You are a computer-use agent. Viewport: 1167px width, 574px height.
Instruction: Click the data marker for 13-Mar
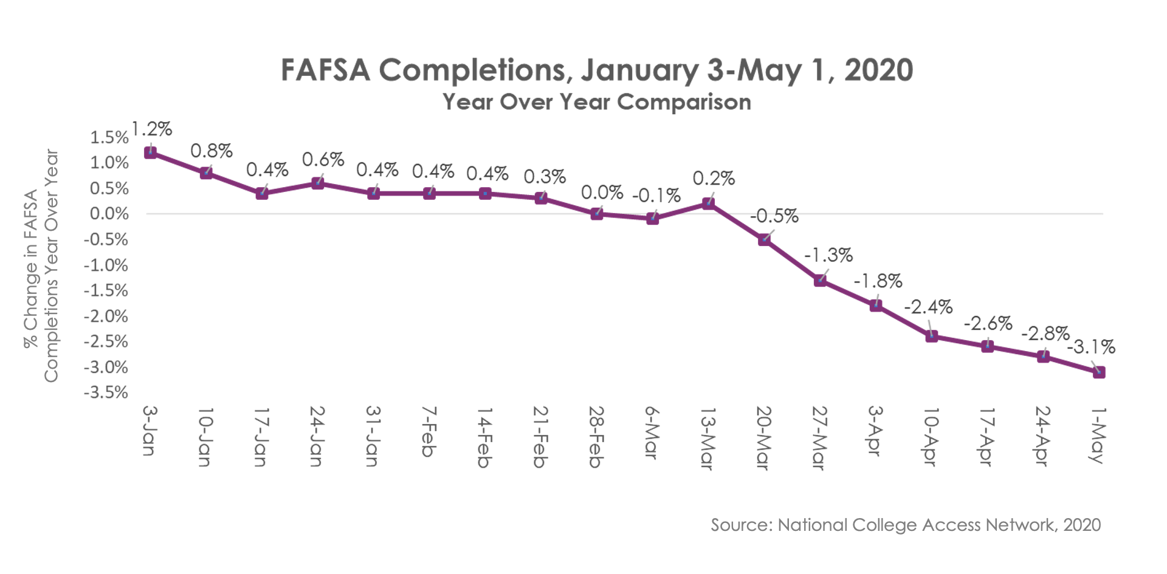click(x=708, y=203)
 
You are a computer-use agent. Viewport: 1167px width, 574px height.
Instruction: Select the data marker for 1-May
click(x=1098, y=372)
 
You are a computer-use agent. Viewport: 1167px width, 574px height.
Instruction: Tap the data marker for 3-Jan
click(x=150, y=152)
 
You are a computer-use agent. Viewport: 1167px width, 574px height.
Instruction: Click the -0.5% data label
click(x=774, y=216)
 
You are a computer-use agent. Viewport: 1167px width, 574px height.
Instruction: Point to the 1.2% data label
click(x=152, y=129)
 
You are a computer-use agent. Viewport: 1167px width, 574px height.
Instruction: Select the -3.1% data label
click(x=1092, y=347)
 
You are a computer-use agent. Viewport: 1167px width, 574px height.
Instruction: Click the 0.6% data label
click(x=323, y=160)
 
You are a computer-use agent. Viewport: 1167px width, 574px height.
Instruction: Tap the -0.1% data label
click(x=656, y=196)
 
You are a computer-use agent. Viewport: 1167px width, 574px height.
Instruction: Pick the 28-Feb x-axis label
click(x=596, y=437)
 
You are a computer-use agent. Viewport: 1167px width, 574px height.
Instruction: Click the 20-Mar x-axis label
click(x=763, y=437)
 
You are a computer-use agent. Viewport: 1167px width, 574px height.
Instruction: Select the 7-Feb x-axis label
click(x=429, y=432)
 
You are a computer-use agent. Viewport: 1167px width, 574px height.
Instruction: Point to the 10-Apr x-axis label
click(x=931, y=437)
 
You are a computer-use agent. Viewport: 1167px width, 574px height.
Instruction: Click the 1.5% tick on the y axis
click(x=109, y=137)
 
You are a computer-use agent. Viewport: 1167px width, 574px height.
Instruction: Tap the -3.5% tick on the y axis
click(x=106, y=392)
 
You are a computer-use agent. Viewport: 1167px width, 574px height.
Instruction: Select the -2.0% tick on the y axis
click(x=106, y=316)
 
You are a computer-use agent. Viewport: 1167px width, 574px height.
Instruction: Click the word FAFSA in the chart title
click(x=325, y=70)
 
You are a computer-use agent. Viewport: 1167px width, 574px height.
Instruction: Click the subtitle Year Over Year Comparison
click(x=597, y=102)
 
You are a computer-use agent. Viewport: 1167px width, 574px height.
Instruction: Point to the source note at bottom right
click(x=906, y=525)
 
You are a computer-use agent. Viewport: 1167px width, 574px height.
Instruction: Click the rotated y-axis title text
click(x=41, y=266)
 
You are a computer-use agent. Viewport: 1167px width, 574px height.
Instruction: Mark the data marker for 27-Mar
click(x=820, y=280)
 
